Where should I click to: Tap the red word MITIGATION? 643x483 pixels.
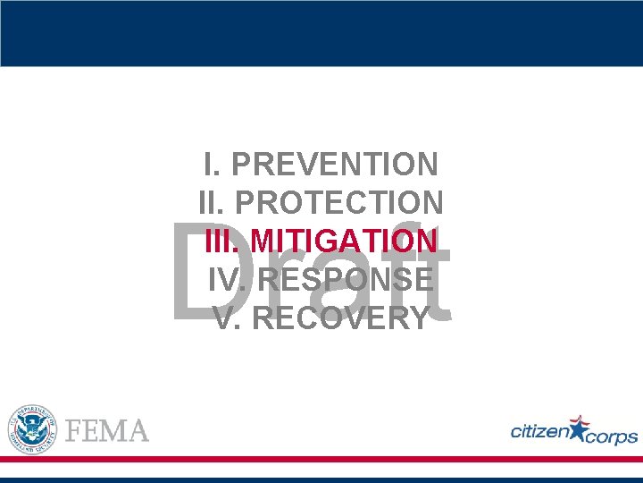[345, 241]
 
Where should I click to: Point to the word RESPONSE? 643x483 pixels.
[347, 280]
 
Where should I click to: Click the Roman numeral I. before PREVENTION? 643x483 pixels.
[213, 165]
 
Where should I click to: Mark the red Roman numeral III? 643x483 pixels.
[223, 241]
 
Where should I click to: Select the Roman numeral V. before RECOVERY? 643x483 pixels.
[228, 318]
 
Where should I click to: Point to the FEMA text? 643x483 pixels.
[108, 430]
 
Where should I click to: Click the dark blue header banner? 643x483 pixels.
[321, 33]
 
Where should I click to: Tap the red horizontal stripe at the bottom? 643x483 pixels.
[321, 459]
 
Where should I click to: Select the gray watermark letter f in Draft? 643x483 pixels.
[406, 268]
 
